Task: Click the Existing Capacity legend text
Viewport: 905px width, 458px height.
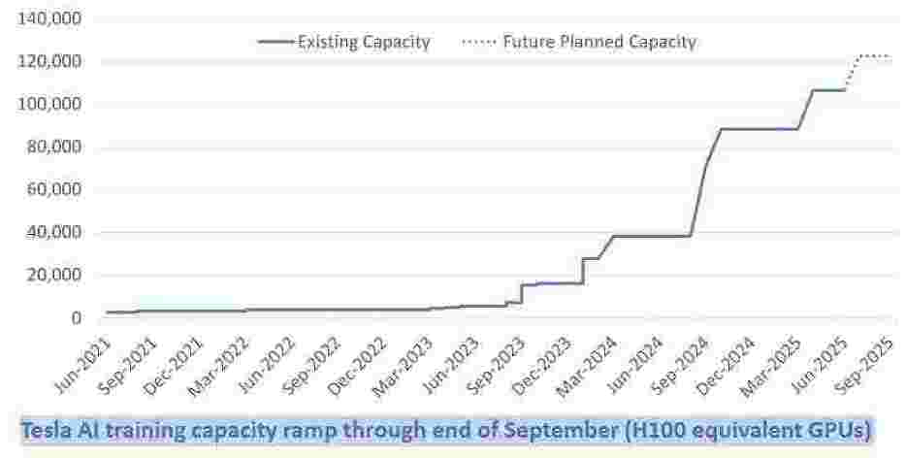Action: (364, 42)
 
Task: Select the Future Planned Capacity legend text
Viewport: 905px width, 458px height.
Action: (599, 42)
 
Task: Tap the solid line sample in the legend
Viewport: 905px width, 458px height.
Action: (275, 42)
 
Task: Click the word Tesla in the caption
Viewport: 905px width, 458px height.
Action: (45, 428)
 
